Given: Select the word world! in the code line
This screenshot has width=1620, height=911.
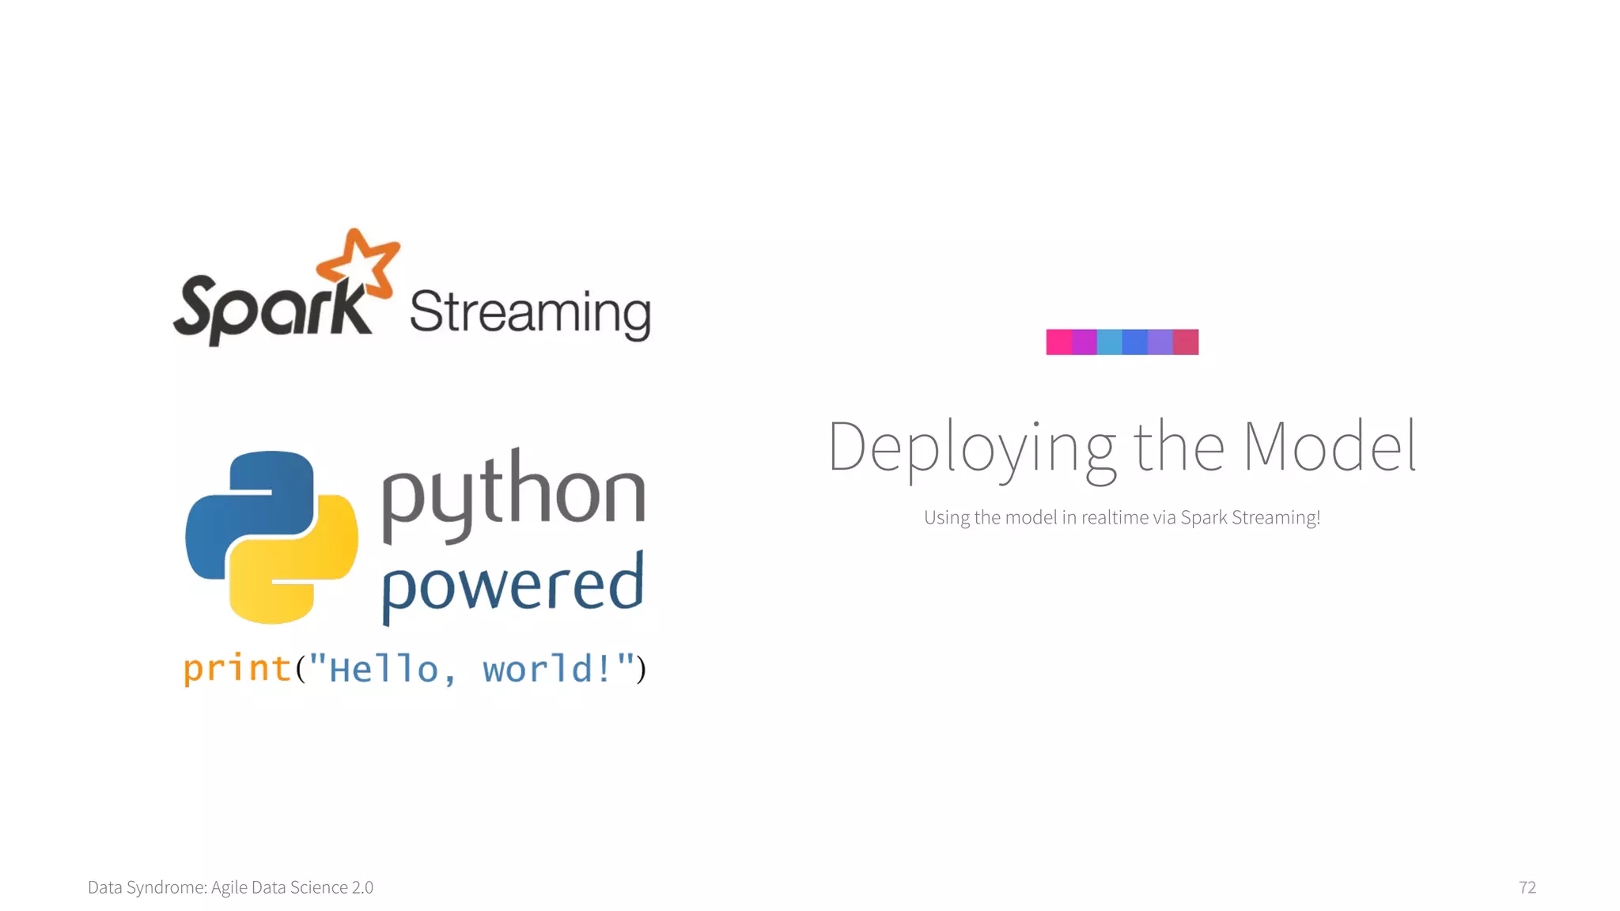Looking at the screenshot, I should (547, 669).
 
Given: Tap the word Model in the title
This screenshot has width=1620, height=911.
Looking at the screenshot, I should (1329, 448).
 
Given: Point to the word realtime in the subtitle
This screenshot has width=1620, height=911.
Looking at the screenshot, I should (1115, 517).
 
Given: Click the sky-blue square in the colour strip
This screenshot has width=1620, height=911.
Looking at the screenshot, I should (1109, 342).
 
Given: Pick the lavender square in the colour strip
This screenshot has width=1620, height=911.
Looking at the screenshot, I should (1160, 342).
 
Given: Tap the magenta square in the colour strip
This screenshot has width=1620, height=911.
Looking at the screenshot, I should (1084, 342).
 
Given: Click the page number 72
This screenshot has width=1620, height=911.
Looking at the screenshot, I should (1527, 887).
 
